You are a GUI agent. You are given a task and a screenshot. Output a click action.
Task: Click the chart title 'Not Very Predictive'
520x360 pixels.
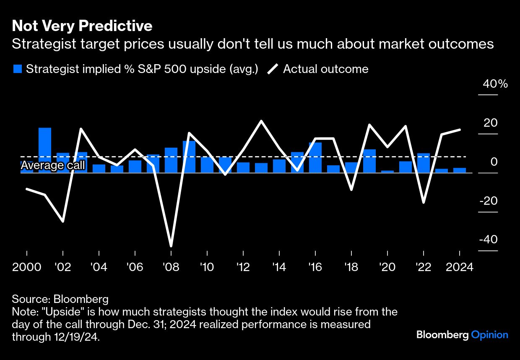pyautogui.click(x=82, y=26)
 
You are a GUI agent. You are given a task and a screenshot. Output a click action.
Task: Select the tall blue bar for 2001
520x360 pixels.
pyautogui.click(x=45, y=150)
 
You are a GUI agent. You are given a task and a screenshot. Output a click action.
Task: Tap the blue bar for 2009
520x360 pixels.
pyautogui.click(x=189, y=157)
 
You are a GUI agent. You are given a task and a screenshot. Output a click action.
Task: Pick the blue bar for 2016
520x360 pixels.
pyautogui.click(x=315, y=157)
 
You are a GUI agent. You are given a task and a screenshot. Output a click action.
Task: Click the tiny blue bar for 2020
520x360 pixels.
pyautogui.click(x=387, y=171)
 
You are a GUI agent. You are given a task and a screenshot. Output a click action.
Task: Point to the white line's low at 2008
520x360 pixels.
pyautogui.click(x=171, y=245)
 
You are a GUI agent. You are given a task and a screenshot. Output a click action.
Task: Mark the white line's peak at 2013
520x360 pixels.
pyautogui.click(x=261, y=121)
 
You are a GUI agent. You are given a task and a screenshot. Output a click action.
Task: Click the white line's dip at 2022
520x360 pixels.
pyautogui.click(x=424, y=202)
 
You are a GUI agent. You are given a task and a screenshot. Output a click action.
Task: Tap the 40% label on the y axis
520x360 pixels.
pyautogui.click(x=495, y=84)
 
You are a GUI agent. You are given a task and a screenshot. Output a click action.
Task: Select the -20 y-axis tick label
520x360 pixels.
pyautogui.click(x=489, y=201)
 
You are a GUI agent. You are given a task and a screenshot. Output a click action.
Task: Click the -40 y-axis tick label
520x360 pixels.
pyautogui.click(x=489, y=240)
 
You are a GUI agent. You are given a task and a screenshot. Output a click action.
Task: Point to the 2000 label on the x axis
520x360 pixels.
pyautogui.click(x=26, y=267)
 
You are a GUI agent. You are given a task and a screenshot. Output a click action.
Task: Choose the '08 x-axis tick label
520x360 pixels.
pyautogui.click(x=171, y=267)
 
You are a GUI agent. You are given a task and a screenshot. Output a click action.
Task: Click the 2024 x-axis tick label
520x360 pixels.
pyautogui.click(x=460, y=267)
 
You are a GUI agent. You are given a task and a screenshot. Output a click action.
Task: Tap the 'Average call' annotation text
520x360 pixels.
pyautogui.click(x=53, y=166)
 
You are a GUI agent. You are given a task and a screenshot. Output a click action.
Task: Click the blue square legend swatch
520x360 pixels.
pyautogui.click(x=17, y=69)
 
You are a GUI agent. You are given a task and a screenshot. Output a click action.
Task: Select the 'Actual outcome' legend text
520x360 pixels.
pyautogui.click(x=325, y=69)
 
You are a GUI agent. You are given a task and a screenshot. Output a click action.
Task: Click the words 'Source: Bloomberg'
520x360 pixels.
pyautogui.click(x=60, y=299)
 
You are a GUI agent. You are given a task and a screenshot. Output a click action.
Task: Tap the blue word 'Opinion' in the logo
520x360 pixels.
pyautogui.click(x=489, y=335)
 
